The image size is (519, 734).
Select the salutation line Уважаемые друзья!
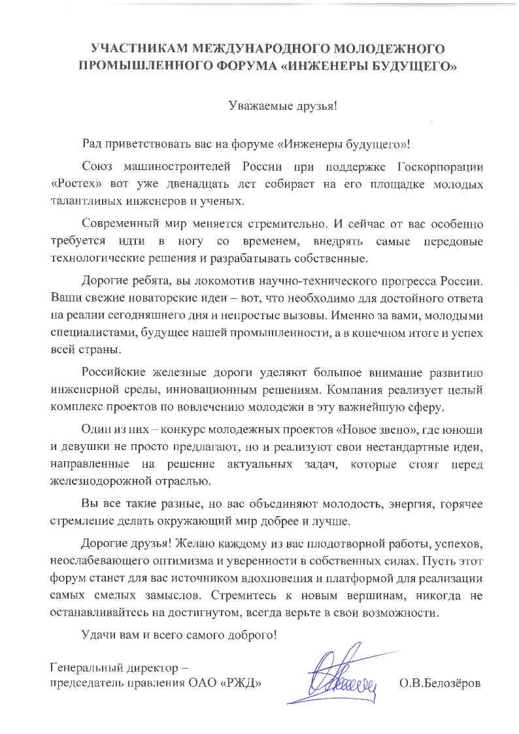pyautogui.click(x=282, y=105)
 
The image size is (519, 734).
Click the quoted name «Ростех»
pyautogui.click(x=73, y=183)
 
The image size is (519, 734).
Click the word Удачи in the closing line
pyautogui.click(x=97, y=635)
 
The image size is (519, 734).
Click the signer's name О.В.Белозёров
pyautogui.click(x=439, y=684)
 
